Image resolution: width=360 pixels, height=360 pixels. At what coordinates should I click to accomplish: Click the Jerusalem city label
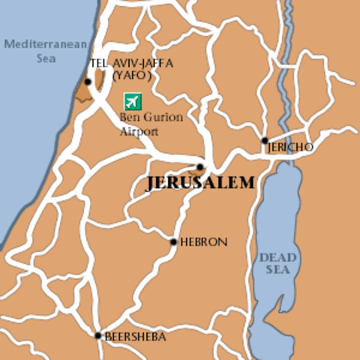199,184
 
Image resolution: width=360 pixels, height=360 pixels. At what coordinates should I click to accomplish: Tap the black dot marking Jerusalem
200,167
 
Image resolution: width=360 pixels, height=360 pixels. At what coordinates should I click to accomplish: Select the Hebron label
202,242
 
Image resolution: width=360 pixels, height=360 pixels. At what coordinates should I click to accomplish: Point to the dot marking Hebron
173,242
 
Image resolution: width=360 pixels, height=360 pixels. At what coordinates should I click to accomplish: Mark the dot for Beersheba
97,335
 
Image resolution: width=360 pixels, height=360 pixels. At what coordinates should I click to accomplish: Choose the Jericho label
291,148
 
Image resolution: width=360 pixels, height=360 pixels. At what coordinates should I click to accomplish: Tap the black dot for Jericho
264,140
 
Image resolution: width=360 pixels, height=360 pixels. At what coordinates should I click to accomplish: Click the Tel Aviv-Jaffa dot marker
88,82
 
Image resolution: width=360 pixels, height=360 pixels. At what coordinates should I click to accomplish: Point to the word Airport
139,131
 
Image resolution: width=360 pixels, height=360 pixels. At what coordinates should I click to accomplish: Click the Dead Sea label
277,264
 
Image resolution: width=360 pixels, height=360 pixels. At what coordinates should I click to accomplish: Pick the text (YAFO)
131,75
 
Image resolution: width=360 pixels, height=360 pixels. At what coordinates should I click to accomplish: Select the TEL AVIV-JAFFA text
130,64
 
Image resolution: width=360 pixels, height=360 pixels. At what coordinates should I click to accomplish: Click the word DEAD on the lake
277,258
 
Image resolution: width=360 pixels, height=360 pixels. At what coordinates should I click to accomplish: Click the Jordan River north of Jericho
283,67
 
